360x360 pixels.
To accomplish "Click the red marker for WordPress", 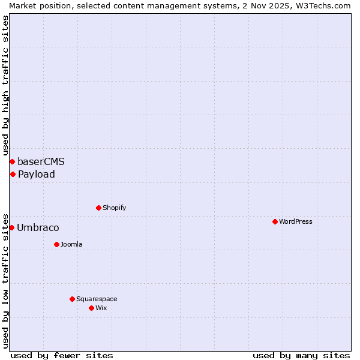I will coord(275,221).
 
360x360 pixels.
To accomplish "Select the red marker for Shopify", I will coord(98,208).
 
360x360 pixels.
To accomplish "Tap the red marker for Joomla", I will coord(56,244).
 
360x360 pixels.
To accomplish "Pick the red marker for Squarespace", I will coord(72,299).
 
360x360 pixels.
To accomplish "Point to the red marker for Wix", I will coord(91,308).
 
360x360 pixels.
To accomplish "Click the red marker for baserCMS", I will coord(12,161).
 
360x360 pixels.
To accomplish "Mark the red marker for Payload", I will coord(13,174).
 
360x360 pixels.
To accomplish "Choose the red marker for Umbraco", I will coord(11,227).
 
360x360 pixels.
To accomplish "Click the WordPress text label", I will coord(296,221).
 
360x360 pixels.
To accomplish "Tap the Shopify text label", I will coord(115,208).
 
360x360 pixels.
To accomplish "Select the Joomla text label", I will coord(71,244).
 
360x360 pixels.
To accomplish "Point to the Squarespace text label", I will coord(97,299).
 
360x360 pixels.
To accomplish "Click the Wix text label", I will coord(101,308).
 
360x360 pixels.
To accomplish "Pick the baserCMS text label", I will coord(41,161).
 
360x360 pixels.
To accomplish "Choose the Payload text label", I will coord(37,174).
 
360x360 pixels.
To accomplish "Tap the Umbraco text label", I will coord(38,227).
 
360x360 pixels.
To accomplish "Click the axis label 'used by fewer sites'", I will coord(62,355).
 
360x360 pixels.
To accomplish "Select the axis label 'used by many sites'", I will coord(301,355).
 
